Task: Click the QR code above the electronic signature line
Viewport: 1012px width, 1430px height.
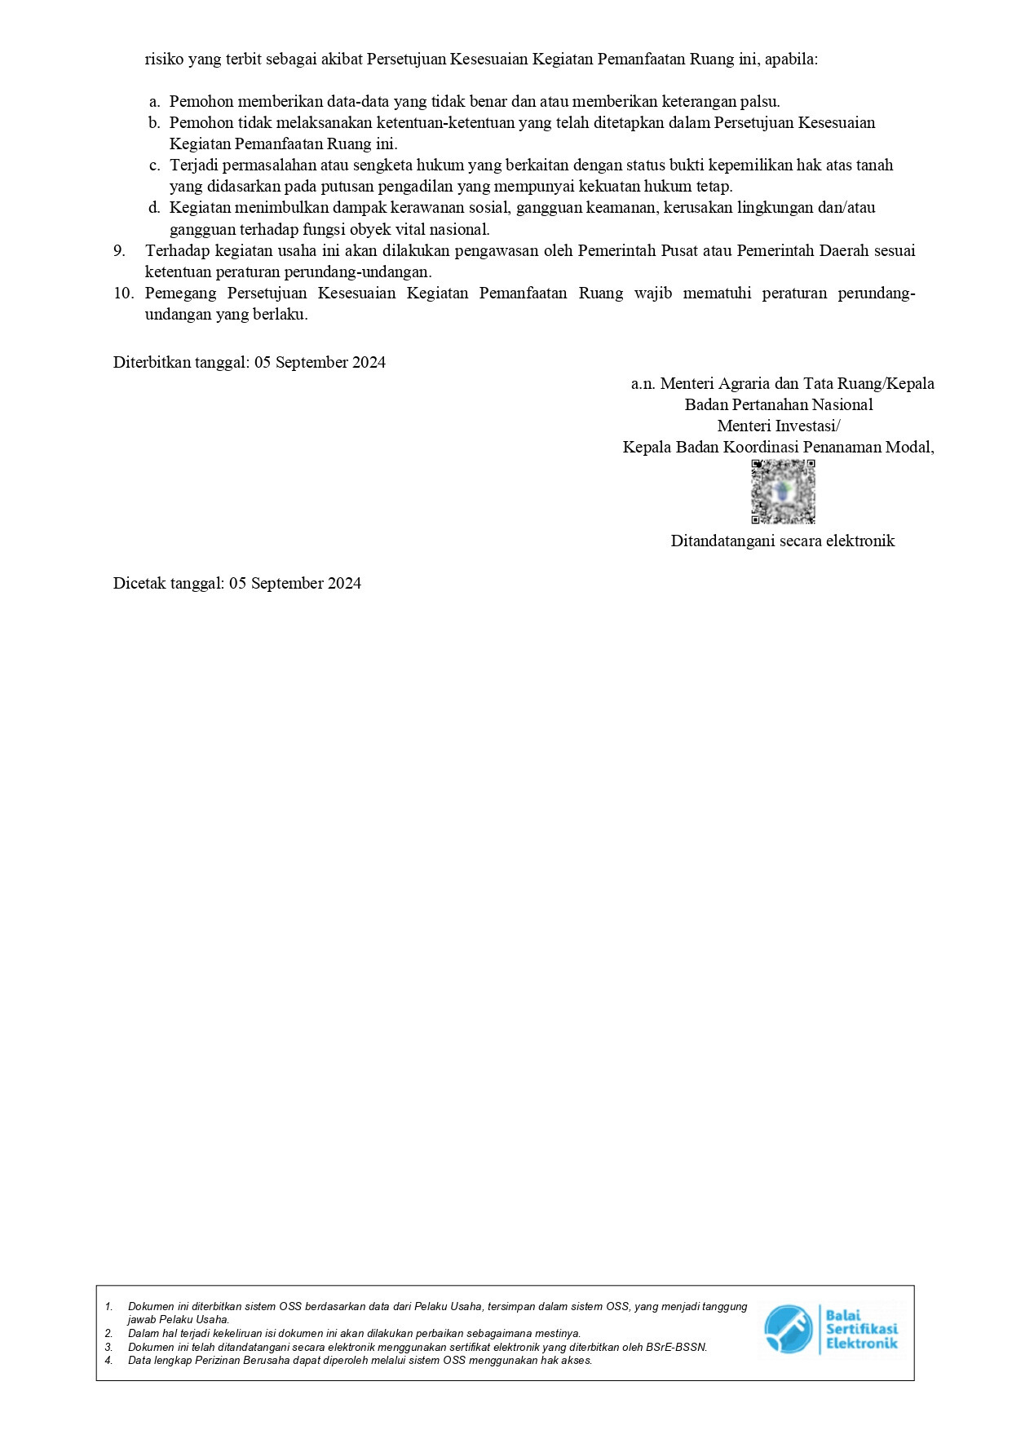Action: [x=783, y=492]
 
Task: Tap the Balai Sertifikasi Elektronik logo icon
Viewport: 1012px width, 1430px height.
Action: [x=788, y=1329]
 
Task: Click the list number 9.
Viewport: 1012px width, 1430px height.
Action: [x=119, y=250]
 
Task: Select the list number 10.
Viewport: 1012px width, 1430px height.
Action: [x=123, y=293]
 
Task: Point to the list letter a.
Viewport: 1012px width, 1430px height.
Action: [x=154, y=102]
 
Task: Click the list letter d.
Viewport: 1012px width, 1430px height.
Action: [x=154, y=208]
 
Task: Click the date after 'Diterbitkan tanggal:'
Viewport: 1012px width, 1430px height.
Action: [x=320, y=362]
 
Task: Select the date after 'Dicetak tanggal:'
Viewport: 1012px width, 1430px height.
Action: [x=294, y=583]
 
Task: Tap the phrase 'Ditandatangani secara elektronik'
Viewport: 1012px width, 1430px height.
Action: [x=782, y=541]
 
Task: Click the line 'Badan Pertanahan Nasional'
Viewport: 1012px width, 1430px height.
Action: [x=778, y=404]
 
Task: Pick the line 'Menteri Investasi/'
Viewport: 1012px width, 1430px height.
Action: [x=778, y=426]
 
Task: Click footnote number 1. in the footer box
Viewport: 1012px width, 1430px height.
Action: [x=108, y=1306]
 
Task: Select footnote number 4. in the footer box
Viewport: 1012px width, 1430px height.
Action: [x=108, y=1360]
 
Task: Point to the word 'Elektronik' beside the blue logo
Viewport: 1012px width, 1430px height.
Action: [x=861, y=1343]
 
